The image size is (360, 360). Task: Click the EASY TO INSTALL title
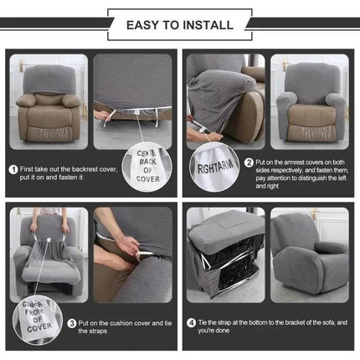click(179, 24)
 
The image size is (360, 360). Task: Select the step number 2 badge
click(249, 162)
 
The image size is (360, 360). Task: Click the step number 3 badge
click(73, 322)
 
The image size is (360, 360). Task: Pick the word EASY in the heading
click(143, 24)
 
